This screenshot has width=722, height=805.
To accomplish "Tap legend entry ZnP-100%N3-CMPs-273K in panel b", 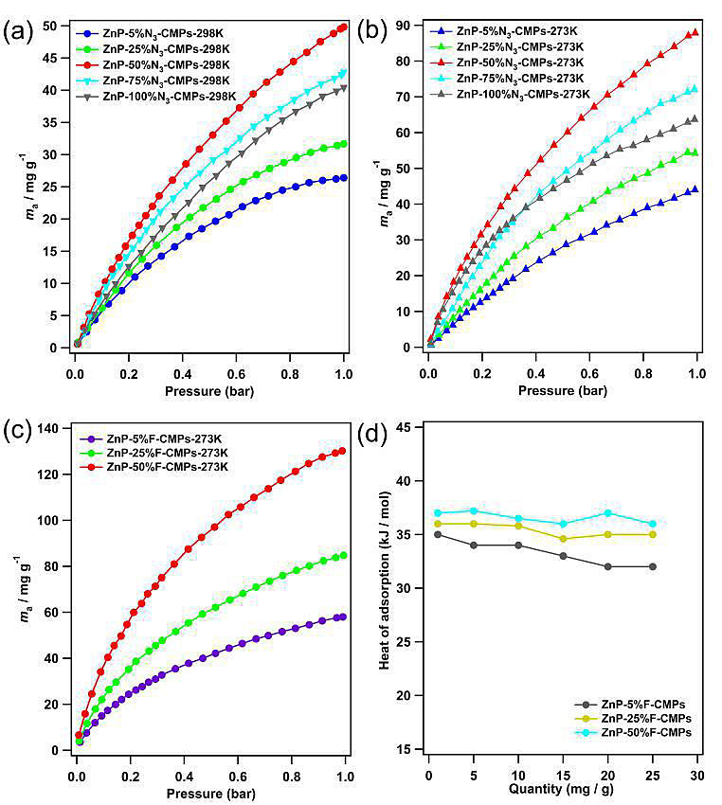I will click(524, 94).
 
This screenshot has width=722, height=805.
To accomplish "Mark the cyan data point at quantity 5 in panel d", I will click(474, 511).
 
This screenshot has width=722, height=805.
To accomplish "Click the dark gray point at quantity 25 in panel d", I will click(653, 566).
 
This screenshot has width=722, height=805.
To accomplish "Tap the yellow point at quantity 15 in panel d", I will click(564, 539).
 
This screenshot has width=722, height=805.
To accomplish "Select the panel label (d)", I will click(370, 434).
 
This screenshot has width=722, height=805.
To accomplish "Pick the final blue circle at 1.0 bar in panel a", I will click(343, 178).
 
